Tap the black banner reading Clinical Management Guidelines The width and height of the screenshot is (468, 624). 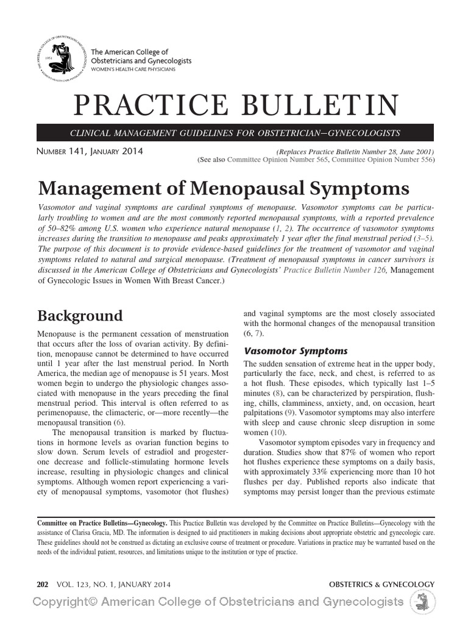click(235, 133)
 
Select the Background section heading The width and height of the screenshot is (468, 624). click(80, 316)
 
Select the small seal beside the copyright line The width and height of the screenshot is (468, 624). click(420, 603)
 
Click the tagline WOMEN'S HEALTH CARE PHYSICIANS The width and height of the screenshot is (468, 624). click(133, 70)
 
